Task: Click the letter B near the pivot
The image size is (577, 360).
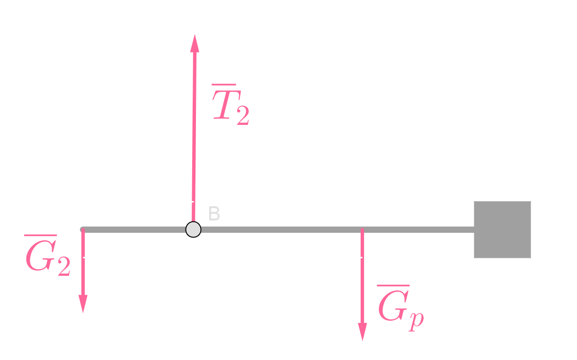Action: (x=214, y=214)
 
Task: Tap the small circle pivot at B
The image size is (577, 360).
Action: (x=193, y=229)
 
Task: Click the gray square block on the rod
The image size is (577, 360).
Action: (x=502, y=229)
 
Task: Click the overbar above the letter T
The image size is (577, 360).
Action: (x=224, y=85)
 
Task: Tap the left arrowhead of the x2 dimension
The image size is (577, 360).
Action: (x=86, y=257)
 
